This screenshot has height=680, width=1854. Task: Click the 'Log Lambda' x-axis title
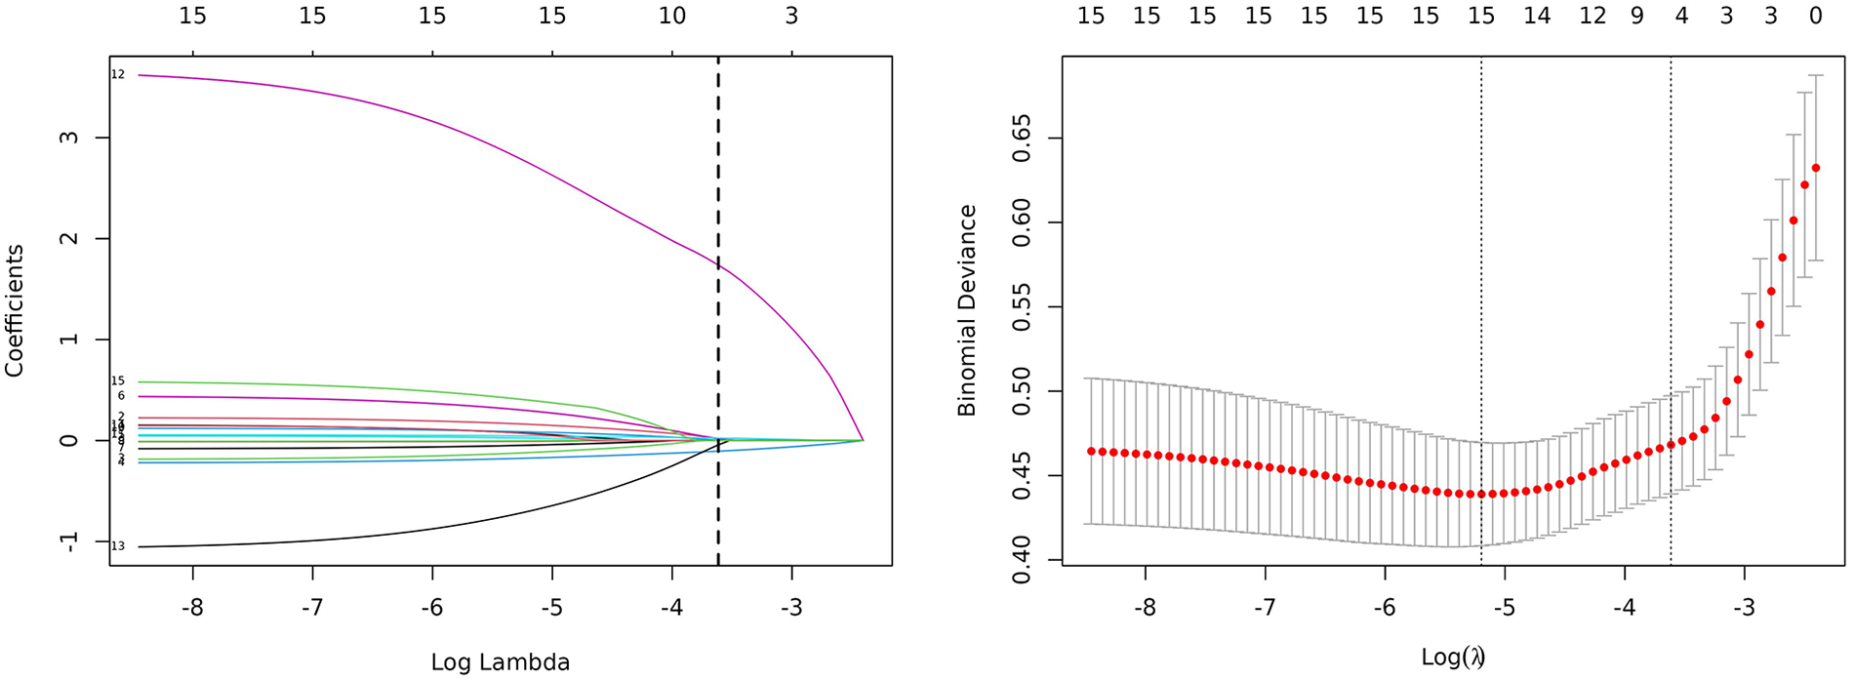500,662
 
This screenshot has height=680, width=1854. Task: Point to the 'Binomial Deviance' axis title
967,310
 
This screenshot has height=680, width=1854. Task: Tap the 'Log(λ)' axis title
1453,657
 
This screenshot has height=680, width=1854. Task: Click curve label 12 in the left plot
118,75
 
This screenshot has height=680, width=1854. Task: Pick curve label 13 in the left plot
118,546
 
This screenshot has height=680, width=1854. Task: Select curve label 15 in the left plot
118,380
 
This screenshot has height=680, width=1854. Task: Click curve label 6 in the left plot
121,396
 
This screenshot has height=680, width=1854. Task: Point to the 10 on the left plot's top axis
672,17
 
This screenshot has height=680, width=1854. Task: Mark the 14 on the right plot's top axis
1537,17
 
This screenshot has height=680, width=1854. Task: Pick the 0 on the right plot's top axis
1815,17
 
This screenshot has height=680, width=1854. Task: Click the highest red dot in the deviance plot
1815,168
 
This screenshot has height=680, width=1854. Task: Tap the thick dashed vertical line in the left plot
718,293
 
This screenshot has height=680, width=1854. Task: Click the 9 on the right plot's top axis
1636,17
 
